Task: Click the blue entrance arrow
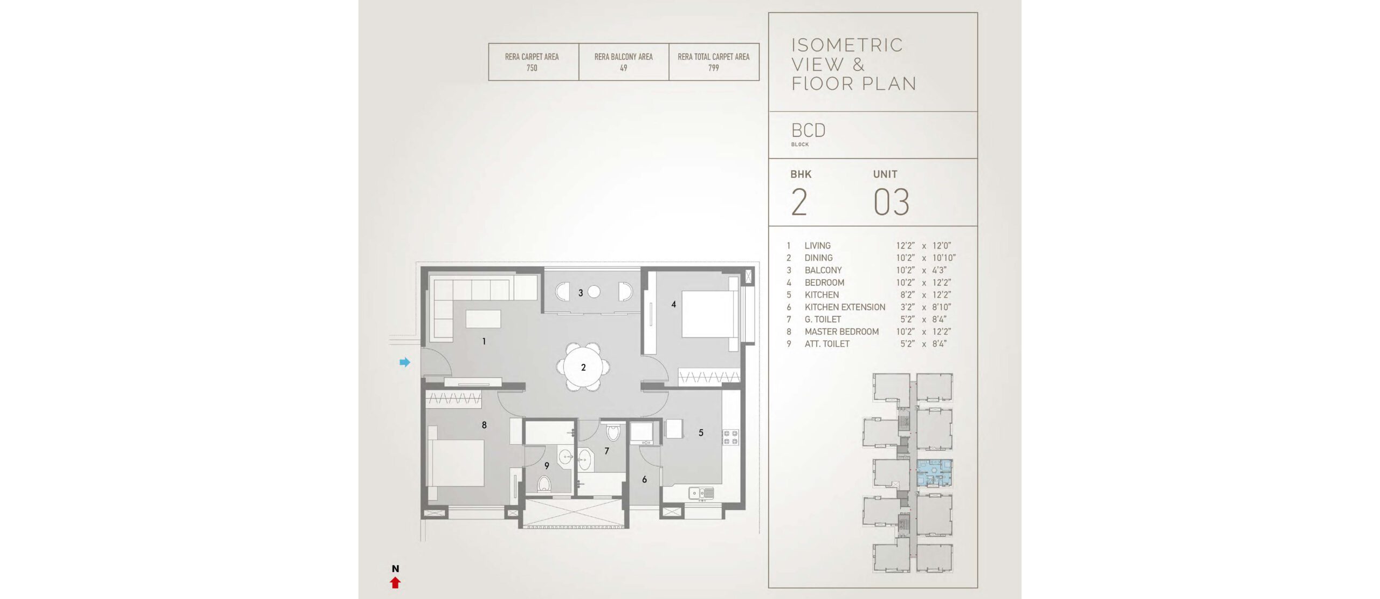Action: pyautogui.click(x=405, y=362)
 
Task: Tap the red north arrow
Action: pyautogui.click(x=395, y=582)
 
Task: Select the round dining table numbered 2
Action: pyautogui.click(x=583, y=367)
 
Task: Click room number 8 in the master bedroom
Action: pyautogui.click(x=484, y=425)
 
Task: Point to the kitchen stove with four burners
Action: pyautogui.click(x=730, y=437)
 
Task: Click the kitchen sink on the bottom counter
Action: pyautogui.click(x=701, y=493)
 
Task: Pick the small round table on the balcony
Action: pyautogui.click(x=594, y=292)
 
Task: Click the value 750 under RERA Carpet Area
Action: pyautogui.click(x=532, y=68)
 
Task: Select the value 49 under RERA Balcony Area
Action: pyautogui.click(x=624, y=68)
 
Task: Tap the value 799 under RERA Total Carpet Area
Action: pyautogui.click(x=714, y=68)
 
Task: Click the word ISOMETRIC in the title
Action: pyautogui.click(x=847, y=45)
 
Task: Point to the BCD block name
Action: pyautogui.click(x=809, y=130)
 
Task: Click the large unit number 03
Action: pyautogui.click(x=892, y=202)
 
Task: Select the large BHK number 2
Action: pyautogui.click(x=799, y=202)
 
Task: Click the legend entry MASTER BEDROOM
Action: pyautogui.click(x=841, y=332)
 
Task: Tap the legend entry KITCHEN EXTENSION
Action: pyautogui.click(x=845, y=307)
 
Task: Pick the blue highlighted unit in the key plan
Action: pyautogui.click(x=934, y=473)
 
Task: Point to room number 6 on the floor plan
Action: pyautogui.click(x=644, y=479)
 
